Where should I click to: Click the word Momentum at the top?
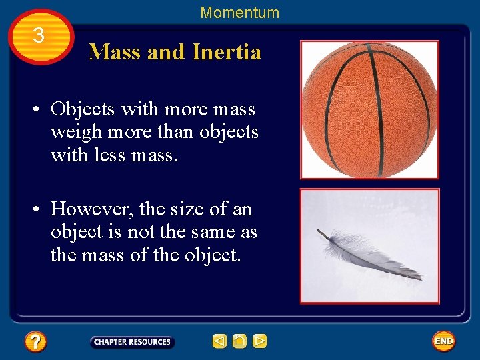[239, 13]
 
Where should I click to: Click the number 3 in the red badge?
[39, 36]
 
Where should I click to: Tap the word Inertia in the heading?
[226, 51]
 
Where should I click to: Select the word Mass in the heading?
[115, 51]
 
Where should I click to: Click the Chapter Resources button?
[132, 342]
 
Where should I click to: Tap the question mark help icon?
[35, 342]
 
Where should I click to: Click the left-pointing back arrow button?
[219, 342]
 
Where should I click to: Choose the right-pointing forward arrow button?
[260, 342]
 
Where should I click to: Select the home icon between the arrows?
[240, 342]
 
